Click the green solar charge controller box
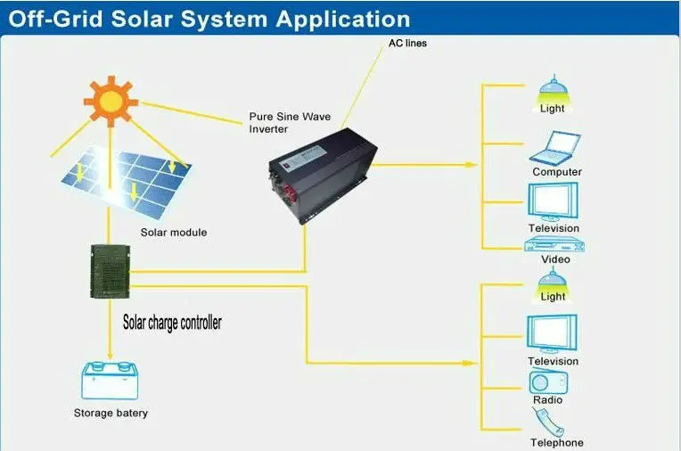[107, 271]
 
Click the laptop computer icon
[557, 148]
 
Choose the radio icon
[548, 381]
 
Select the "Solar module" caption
[173, 233]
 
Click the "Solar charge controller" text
[171, 323]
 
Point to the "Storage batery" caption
[111, 414]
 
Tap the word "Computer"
[557, 172]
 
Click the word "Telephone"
[557, 443]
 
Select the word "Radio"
[548, 400]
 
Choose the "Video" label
[555, 259]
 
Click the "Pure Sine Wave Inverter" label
[281, 123]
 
